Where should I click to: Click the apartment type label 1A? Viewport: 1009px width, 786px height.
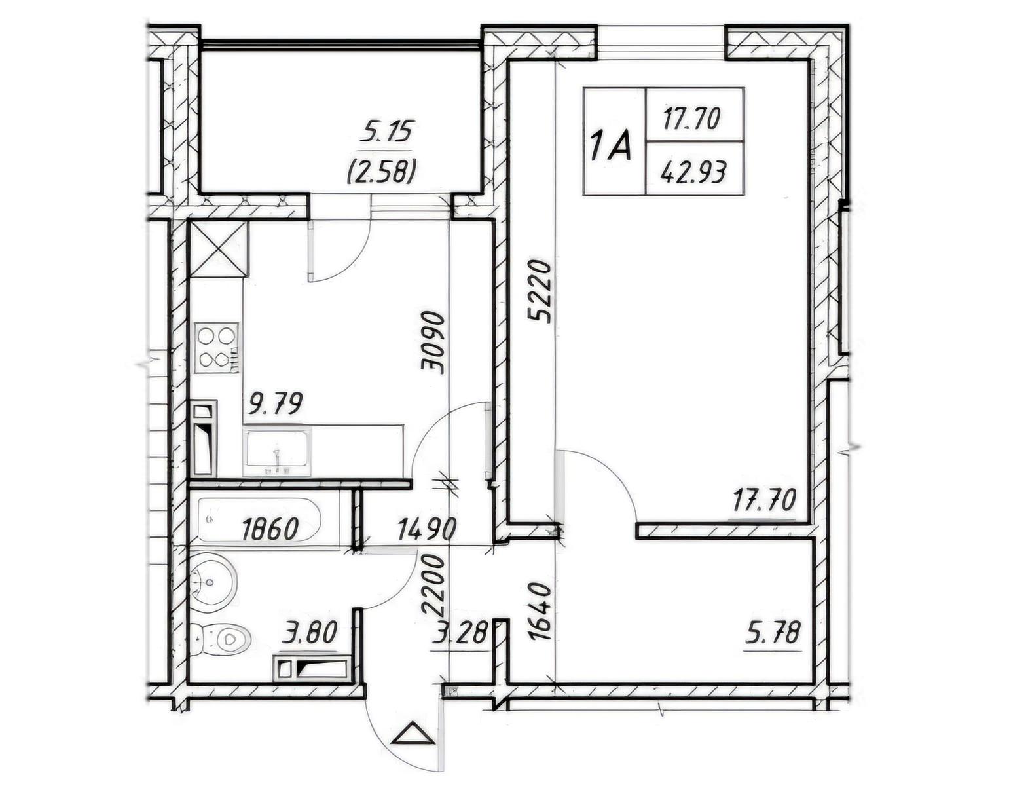(611, 146)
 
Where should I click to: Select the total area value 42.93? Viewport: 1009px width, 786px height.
(693, 174)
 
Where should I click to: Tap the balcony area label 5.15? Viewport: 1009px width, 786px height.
(386, 132)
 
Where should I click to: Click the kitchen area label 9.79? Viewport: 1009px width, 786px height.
(276, 404)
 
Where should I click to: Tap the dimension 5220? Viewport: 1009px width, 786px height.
(540, 293)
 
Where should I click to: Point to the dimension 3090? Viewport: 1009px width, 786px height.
(433, 344)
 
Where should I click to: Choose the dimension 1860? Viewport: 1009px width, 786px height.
(270, 530)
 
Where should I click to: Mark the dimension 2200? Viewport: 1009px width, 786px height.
(433, 586)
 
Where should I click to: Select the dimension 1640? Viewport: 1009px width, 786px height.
(540, 612)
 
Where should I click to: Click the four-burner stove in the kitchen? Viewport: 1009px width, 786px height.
(216, 348)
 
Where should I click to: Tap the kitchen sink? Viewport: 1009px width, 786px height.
(278, 451)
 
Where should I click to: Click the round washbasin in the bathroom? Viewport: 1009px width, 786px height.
(213, 582)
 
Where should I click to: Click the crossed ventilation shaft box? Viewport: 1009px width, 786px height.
(218, 250)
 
